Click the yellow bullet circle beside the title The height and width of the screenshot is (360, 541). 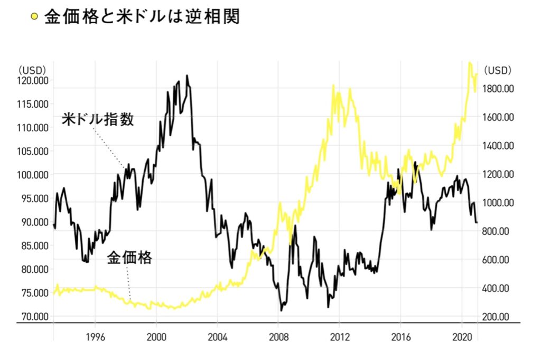tap(34, 17)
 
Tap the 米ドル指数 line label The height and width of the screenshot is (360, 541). tap(98, 119)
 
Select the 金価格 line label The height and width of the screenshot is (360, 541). tap(129, 258)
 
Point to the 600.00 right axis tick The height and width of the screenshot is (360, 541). tap(501, 260)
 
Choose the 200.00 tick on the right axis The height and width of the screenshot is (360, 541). tap(501, 317)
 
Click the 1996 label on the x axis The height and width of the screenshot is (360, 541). tap(95, 336)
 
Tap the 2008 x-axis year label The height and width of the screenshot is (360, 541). tap(278, 336)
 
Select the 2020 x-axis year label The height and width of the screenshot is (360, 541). tap(462, 336)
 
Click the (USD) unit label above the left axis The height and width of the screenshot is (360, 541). tap(32, 69)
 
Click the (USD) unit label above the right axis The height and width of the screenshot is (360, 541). tap(498, 70)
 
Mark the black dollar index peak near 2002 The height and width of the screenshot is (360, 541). tap(187, 76)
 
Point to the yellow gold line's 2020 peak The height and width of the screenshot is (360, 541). tap(470, 63)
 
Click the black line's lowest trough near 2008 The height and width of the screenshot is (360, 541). tap(281, 310)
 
